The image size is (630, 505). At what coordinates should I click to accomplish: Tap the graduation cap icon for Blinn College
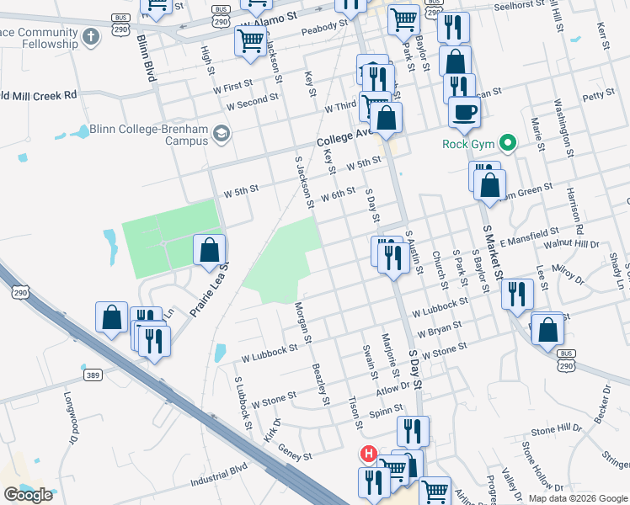(x=221, y=134)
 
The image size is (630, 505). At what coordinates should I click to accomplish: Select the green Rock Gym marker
(x=507, y=143)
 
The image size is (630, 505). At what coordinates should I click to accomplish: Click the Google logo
(x=28, y=494)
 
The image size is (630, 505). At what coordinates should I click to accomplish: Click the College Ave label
(x=344, y=137)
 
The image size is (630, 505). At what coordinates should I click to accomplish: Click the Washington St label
(x=562, y=128)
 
